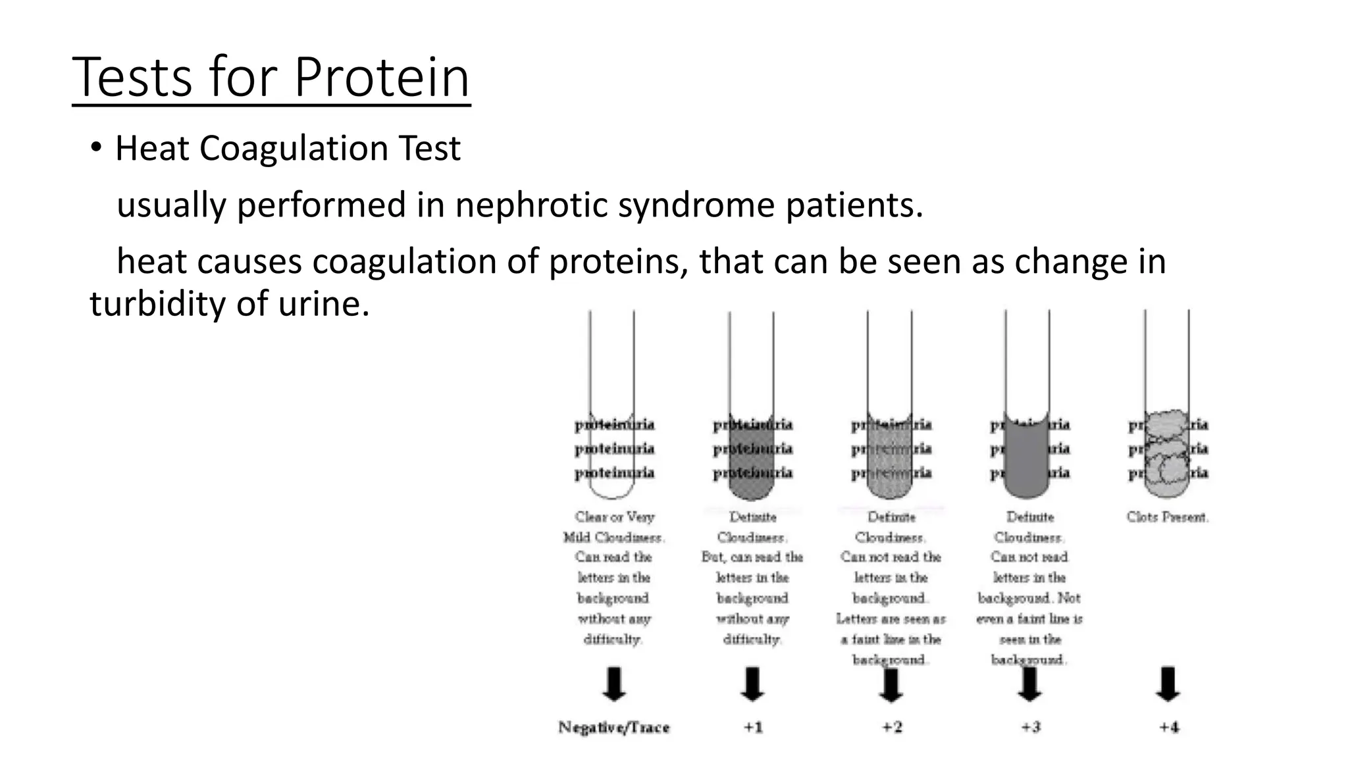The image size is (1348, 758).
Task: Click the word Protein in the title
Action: pos(381,78)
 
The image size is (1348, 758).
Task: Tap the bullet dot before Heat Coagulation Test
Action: pos(96,148)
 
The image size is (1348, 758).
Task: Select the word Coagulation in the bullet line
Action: pos(294,148)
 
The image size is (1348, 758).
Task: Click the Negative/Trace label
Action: pos(613,727)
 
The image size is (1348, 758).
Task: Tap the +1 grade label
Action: pos(752,727)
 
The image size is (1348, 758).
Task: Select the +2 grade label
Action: pos(891,727)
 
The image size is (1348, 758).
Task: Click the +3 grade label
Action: pos(1030,727)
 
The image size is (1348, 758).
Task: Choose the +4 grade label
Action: pos(1168,727)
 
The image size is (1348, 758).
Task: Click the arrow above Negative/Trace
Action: pos(613,684)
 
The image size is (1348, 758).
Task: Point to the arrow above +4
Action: pos(1168,684)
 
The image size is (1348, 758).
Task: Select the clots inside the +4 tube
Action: pos(1166,454)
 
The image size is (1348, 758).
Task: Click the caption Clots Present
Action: pos(1167,517)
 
